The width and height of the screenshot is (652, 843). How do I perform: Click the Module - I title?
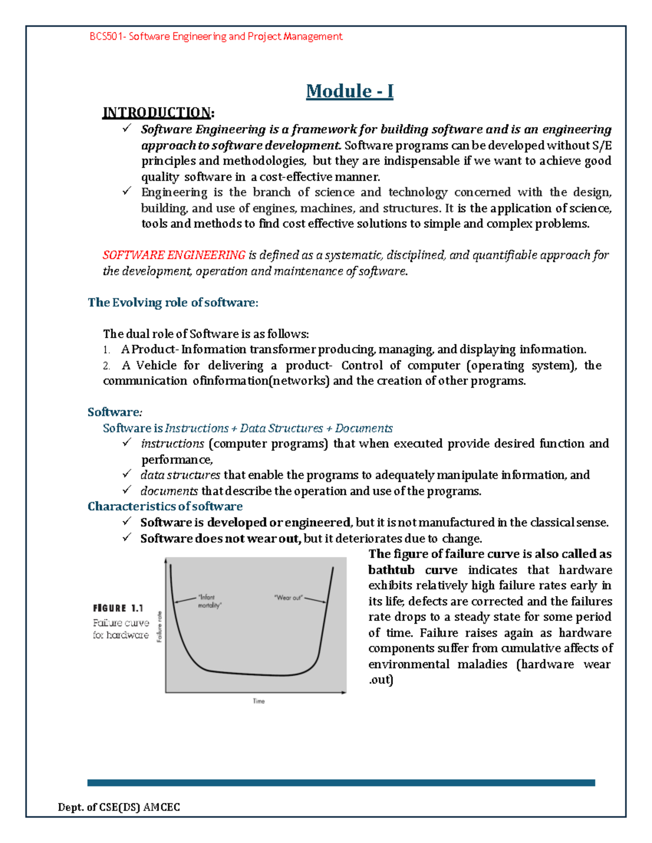tap(349, 91)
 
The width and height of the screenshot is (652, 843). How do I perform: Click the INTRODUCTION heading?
tap(156, 113)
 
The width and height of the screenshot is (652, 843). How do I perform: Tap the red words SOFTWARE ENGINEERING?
tap(174, 255)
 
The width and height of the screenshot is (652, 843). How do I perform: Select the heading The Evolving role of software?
tap(173, 302)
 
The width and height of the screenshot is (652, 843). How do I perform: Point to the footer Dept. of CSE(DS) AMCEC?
tap(119, 807)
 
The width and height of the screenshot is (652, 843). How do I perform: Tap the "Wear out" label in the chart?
tap(288, 598)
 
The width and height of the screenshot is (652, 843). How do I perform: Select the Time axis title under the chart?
tap(259, 701)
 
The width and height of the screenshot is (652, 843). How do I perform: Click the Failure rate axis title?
tap(159, 626)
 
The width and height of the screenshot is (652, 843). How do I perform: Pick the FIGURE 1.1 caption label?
tap(118, 609)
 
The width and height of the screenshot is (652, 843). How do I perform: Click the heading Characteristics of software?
tap(165, 506)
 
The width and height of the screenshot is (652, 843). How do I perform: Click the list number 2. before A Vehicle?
tap(106, 366)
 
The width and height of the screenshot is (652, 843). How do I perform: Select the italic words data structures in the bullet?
tap(180, 475)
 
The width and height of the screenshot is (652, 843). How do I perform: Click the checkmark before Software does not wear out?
tap(127, 537)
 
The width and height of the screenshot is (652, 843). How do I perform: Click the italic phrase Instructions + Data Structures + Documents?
tap(278, 428)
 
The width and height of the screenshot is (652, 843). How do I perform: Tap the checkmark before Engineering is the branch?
tap(127, 191)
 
